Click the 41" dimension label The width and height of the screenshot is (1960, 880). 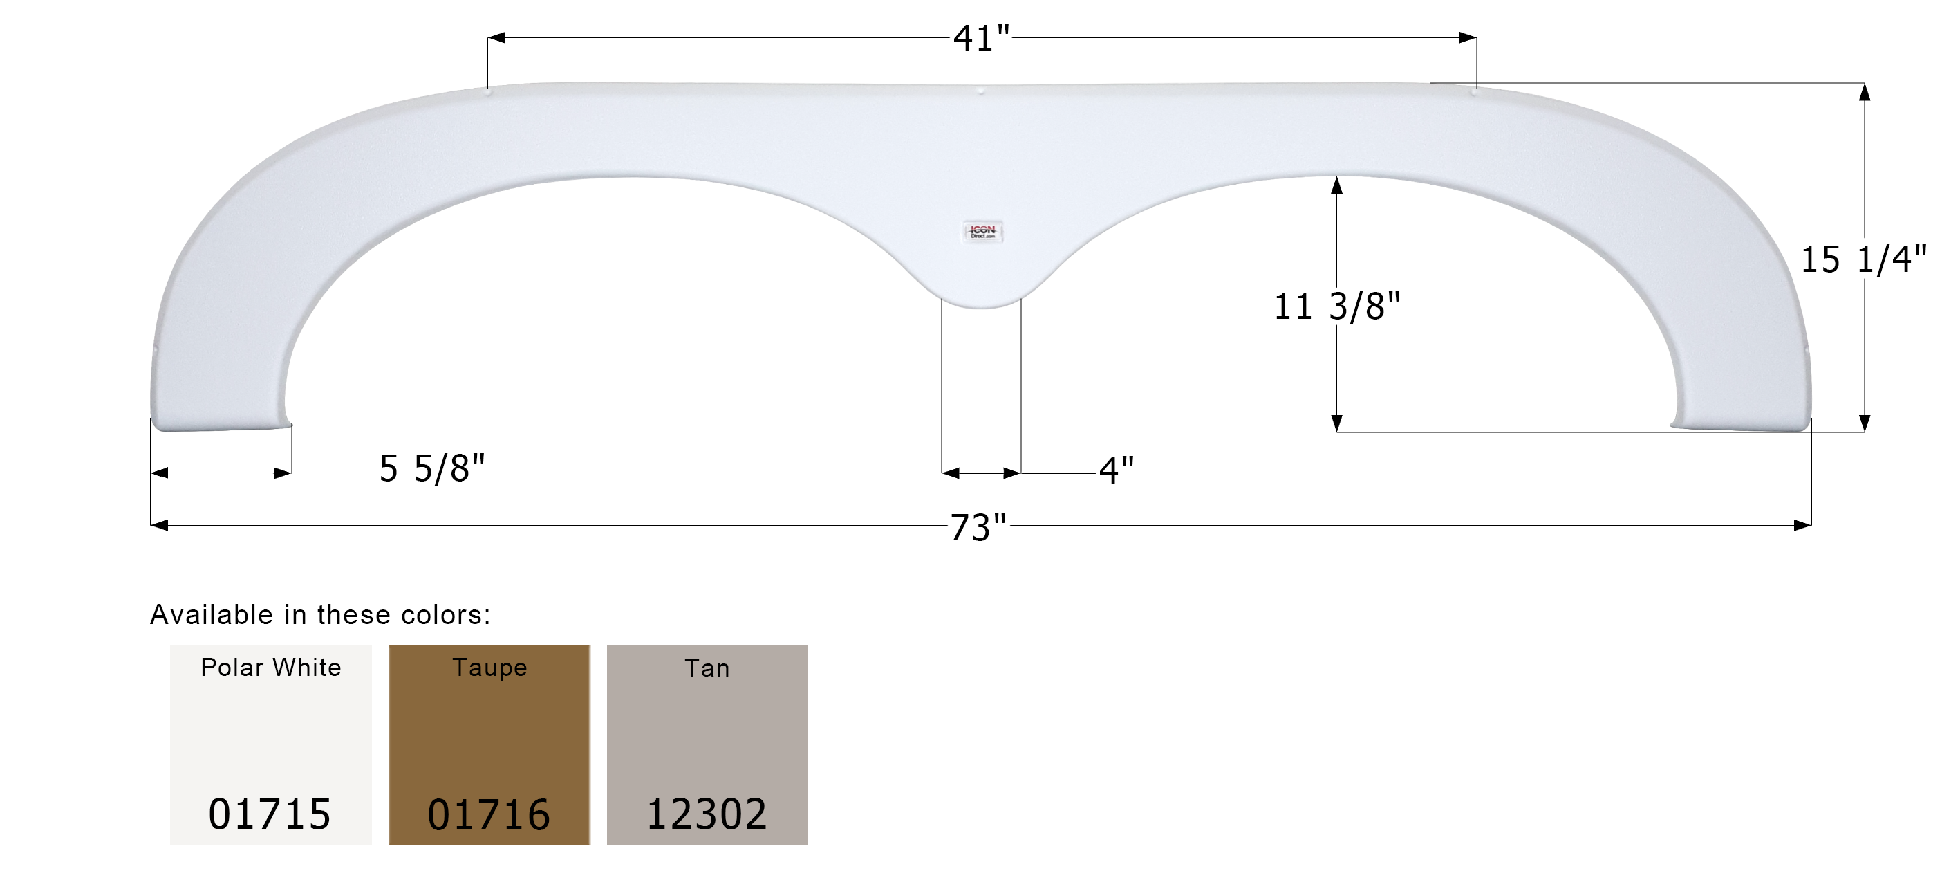coord(981,38)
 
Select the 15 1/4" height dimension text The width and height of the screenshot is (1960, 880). coord(1863,259)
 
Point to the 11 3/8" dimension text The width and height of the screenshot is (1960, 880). coord(1337,306)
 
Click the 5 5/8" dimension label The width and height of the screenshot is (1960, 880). coord(431,468)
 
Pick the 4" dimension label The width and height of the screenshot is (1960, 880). coord(1116,470)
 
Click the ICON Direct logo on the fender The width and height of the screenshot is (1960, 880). coord(982,232)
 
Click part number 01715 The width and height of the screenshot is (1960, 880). coord(270,814)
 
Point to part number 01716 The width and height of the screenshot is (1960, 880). coord(489,814)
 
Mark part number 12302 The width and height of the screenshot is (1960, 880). coord(706,814)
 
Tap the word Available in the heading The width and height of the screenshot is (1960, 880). coord(211,614)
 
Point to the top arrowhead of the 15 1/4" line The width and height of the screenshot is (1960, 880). coord(1864,92)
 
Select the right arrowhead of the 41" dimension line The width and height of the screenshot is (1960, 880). coord(1468,37)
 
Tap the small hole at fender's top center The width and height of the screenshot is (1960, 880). coord(981,91)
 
